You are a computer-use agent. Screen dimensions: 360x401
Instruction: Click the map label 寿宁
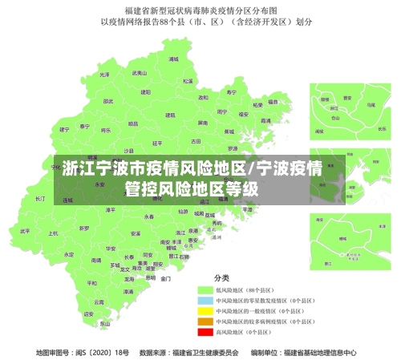click(232, 92)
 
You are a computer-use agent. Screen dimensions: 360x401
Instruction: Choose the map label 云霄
click(99, 302)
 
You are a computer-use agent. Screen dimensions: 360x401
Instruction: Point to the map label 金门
click(165, 279)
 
